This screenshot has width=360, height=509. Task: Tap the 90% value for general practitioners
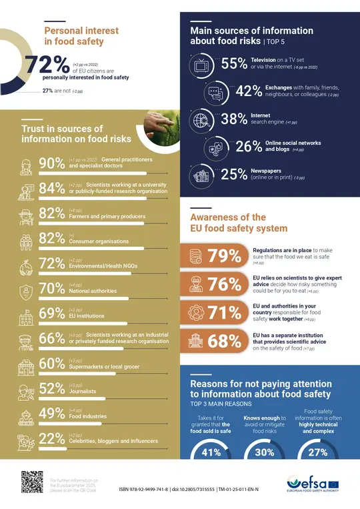51,163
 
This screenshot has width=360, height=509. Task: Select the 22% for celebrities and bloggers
51,438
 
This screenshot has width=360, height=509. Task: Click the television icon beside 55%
200,65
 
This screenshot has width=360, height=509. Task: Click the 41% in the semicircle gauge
211,452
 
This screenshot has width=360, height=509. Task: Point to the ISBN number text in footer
143,490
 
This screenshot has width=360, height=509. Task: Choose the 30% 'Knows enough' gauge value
265,452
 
